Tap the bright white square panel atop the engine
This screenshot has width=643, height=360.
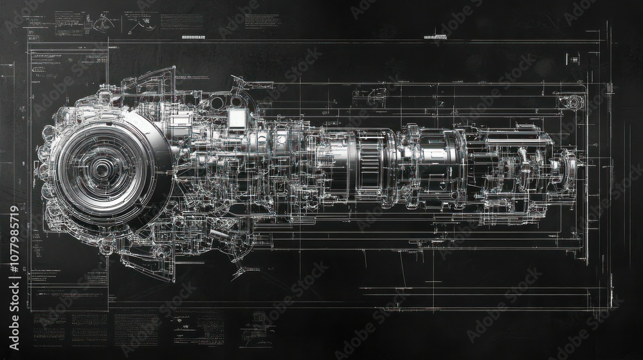click(x=237, y=118)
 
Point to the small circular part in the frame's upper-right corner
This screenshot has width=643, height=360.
click(x=569, y=102)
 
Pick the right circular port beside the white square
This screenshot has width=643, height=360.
click(x=236, y=102)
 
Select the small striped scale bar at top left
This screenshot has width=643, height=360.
click(x=193, y=37)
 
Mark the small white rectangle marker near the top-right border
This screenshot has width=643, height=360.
click(x=574, y=60)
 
